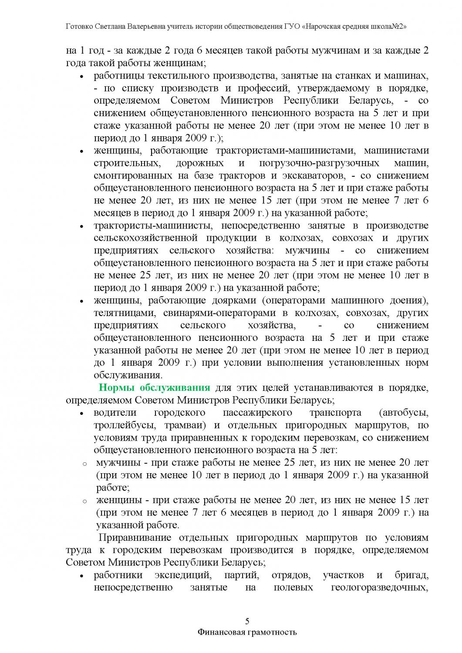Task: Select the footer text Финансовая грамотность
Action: click(247, 632)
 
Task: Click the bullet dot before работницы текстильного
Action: click(81, 77)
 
